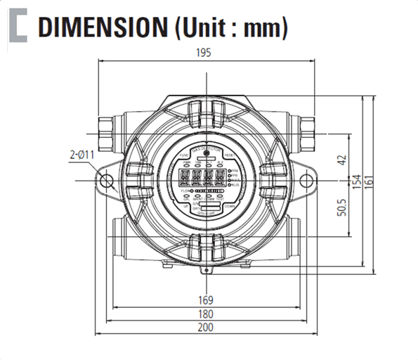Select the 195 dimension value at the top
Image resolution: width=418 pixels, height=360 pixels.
[x=204, y=53]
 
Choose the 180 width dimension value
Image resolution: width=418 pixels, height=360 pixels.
[x=206, y=314]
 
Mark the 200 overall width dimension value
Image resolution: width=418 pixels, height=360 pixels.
[x=206, y=328]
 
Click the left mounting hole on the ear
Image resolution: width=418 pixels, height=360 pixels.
[x=107, y=181]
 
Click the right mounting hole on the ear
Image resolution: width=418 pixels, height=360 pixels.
[x=304, y=181]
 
